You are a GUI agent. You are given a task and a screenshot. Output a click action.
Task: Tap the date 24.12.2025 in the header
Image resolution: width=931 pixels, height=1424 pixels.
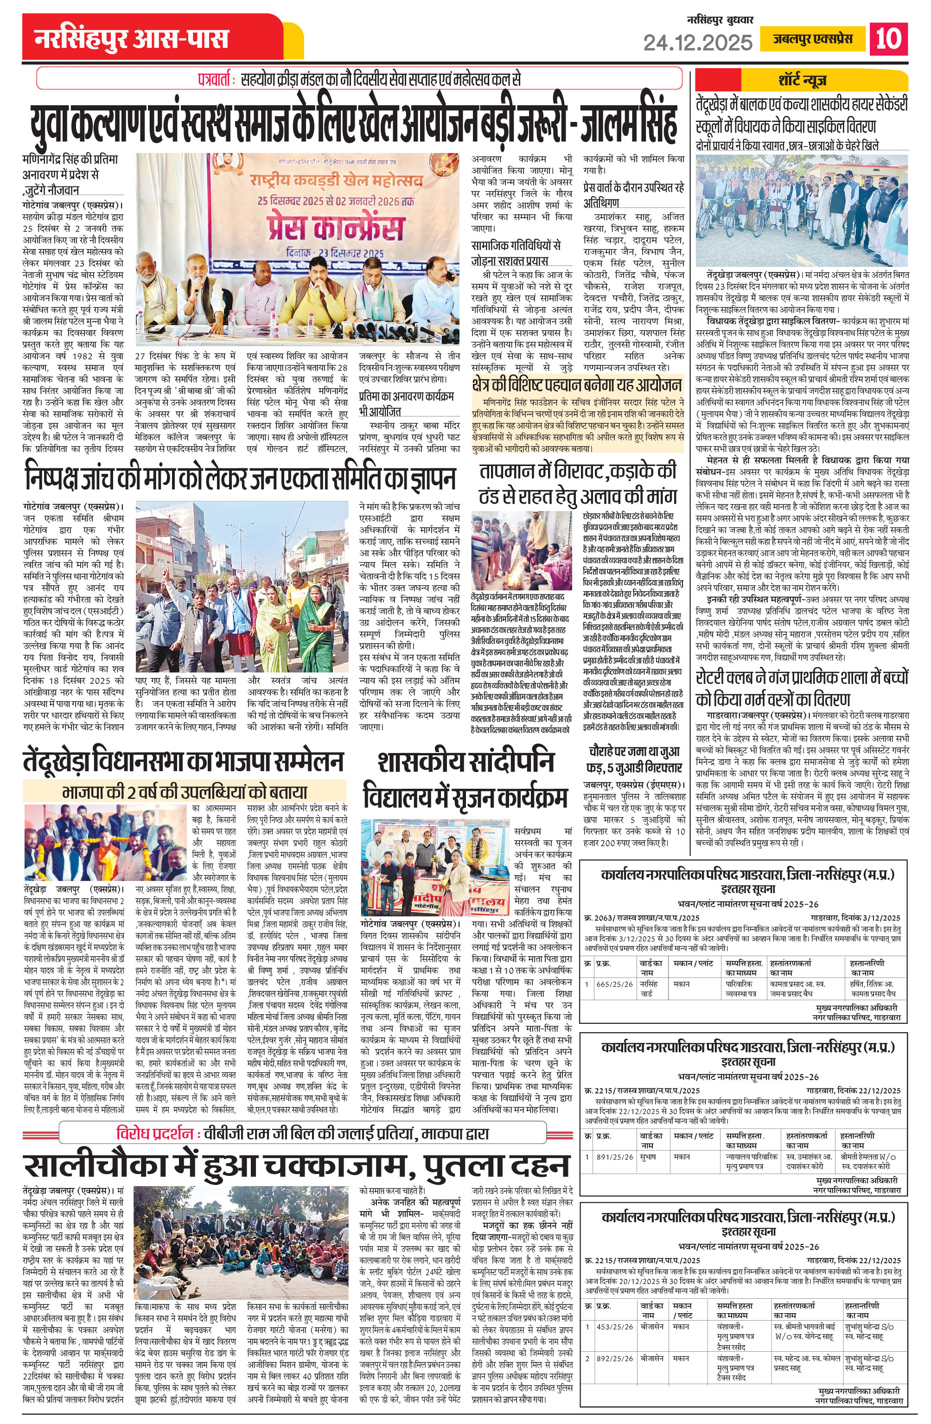(698, 42)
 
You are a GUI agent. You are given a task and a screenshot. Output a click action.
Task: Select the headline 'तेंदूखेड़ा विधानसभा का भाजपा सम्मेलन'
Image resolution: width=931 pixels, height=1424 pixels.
(184, 762)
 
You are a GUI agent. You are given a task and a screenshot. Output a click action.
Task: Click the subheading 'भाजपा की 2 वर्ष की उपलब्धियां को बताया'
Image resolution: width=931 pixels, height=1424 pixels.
(184, 792)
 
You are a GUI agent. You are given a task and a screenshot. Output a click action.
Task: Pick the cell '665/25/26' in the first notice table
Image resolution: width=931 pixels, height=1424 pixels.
(614, 984)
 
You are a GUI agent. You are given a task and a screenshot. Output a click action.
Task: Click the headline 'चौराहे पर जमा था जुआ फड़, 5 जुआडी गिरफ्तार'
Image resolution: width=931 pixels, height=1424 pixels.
(635, 760)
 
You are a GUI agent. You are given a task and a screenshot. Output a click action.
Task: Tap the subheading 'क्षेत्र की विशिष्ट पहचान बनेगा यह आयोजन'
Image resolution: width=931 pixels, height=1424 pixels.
(577, 384)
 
